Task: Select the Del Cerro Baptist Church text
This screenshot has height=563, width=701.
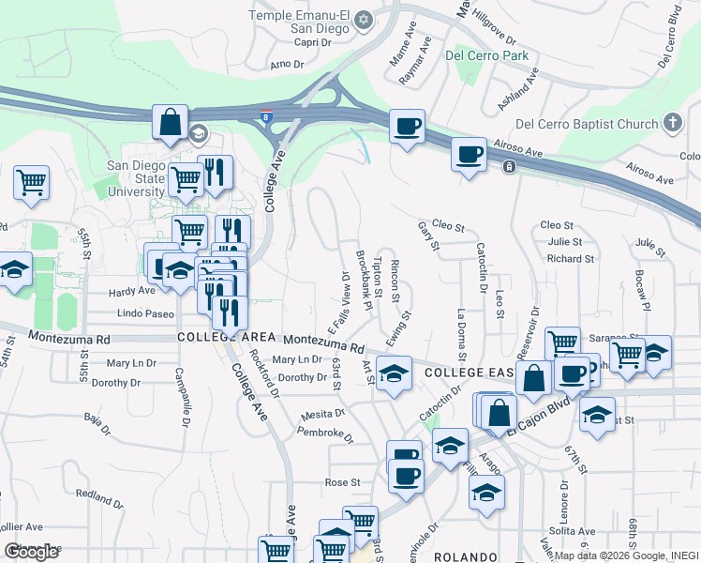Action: coord(587,124)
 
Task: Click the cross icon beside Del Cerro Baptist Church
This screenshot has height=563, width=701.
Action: coord(672,123)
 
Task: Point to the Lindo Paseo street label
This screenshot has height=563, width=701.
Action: coord(142,313)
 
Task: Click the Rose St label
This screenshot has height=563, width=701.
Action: coord(342,482)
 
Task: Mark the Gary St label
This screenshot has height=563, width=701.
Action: coord(428,236)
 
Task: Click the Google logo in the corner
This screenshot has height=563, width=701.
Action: coord(31,552)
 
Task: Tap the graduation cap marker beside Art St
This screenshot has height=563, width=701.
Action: coord(394,373)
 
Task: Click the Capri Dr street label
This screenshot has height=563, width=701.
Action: coord(314,42)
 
